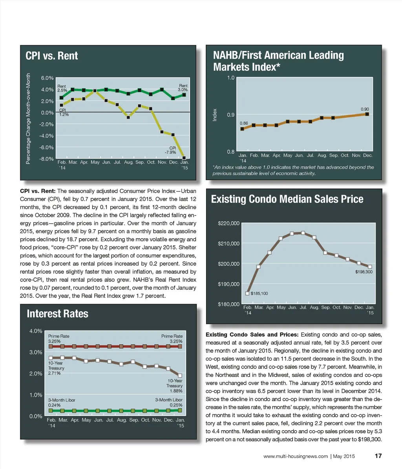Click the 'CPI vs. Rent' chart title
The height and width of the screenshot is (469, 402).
click(52, 56)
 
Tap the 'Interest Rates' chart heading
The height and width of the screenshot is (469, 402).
click(57, 314)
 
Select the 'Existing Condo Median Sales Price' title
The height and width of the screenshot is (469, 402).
click(287, 199)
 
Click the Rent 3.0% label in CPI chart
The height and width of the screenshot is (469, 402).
click(183, 88)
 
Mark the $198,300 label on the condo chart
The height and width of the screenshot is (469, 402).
click(364, 272)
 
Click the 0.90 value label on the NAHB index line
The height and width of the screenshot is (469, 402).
click(365, 109)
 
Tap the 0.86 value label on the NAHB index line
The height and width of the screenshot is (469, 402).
click(244, 123)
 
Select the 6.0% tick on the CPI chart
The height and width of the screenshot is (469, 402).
click(47, 78)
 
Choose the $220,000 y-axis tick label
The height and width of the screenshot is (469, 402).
click(228, 223)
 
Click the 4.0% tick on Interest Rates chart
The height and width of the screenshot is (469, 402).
click(36, 331)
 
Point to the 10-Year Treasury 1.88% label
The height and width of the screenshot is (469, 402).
click(175, 386)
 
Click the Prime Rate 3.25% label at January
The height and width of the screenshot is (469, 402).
click(172, 339)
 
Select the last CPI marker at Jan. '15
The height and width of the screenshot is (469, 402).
click(184, 158)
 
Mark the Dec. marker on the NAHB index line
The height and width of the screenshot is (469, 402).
click(367, 114)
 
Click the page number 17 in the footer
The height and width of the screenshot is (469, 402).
click(378, 456)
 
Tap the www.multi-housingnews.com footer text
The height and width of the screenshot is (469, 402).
click(296, 456)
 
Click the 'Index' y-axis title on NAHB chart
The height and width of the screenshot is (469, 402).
click(215, 115)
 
